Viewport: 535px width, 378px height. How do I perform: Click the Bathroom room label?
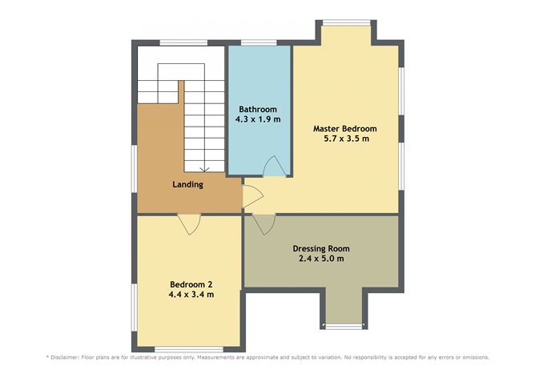pos(258,109)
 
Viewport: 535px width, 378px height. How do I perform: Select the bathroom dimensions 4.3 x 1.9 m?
pos(258,119)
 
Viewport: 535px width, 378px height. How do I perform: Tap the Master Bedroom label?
pos(344,128)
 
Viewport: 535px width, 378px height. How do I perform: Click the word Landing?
pos(187,184)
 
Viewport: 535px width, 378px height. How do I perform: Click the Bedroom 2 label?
pos(191,283)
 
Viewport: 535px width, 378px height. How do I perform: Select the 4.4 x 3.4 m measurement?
pos(191,294)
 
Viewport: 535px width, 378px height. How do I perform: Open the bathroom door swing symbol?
pos(273,165)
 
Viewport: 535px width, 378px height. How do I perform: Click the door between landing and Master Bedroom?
pos(251,195)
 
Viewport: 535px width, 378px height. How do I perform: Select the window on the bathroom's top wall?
pos(258,42)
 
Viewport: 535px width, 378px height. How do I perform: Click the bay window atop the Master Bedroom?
pos(346,22)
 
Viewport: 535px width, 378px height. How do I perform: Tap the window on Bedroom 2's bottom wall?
pos(178,348)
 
